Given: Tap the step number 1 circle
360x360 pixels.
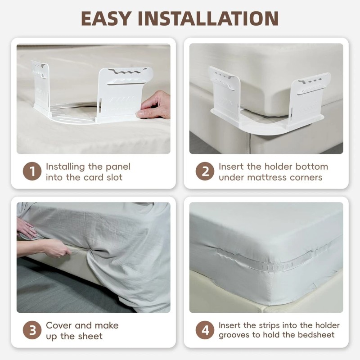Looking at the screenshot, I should (x=32, y=172).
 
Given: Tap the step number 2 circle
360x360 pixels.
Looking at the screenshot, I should (x=205, y=172).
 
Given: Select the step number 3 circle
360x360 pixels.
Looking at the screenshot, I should (x=32, y=331).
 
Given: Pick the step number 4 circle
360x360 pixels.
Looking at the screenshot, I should (x=205, y=331).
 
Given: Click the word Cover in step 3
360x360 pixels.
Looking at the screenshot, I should (x=59, y=325).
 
